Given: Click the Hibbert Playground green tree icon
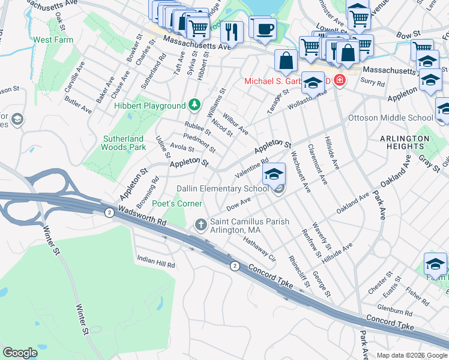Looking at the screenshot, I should point(194,106).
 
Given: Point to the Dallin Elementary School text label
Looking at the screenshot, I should point(222,188).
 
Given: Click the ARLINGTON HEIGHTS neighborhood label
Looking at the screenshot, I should point(404,142).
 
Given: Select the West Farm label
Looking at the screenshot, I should point(52,40).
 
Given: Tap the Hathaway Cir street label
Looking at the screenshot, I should point(259,248).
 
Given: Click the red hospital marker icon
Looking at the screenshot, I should point(340,80).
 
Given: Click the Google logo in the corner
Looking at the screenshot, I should point(20,353).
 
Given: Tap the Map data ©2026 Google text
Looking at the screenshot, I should point(412,355).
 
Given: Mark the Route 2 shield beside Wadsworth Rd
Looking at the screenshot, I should point(109,212).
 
